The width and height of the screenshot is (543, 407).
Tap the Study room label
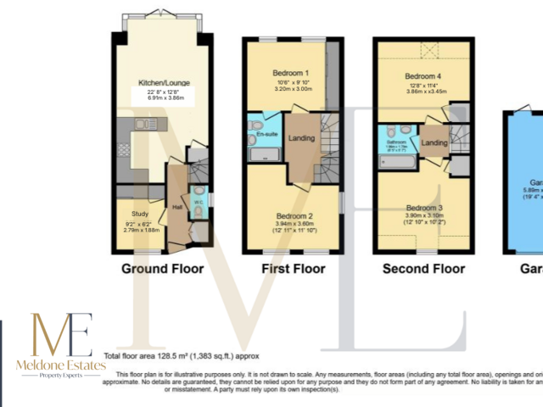[140, 214]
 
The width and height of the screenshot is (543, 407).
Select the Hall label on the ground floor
[178, 206]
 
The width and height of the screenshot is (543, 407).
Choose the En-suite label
[267, 134]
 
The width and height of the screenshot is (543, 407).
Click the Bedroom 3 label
[422, 208]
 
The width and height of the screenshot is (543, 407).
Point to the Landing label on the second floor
[436, 143]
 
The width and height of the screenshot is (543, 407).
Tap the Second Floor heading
[423, 270]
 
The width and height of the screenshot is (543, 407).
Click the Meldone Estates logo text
[62, 365]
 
